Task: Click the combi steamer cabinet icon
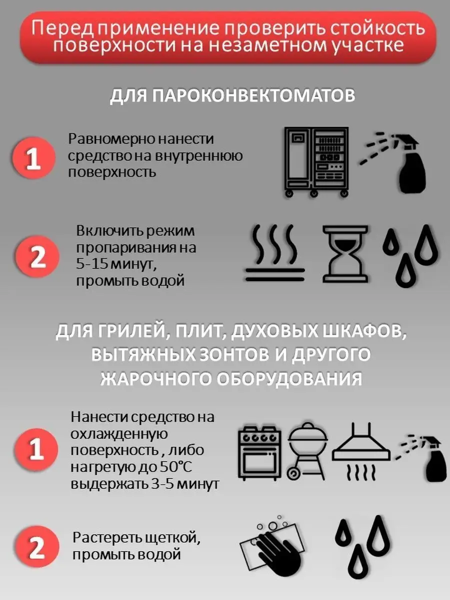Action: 316,162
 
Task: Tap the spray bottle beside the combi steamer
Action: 392,162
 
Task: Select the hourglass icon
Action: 345,254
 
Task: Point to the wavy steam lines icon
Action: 275,253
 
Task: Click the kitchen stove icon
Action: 259,455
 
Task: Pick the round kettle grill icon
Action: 307,455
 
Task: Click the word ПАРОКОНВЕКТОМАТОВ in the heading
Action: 253,95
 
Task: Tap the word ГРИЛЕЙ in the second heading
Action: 127,332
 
